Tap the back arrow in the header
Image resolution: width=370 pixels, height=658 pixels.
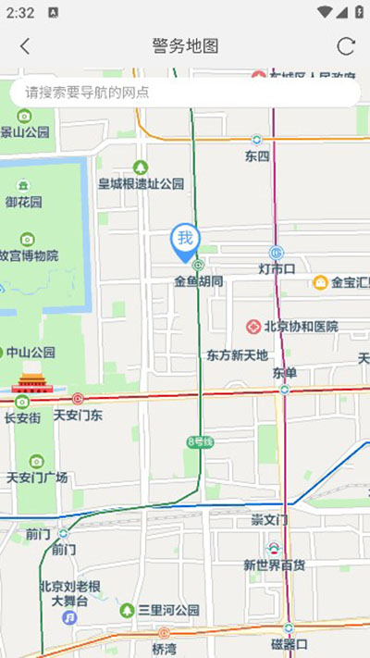coord(25,46)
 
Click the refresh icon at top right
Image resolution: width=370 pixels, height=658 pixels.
coord(346,46)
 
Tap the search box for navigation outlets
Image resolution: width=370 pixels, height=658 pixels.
coord(185,93)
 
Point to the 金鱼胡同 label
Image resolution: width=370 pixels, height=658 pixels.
coord(199,279)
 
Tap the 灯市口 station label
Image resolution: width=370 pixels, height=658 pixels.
coord(277,269)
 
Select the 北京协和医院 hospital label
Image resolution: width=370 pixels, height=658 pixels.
coord(301,327)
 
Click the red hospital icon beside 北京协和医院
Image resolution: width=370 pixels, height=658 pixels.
coord(253,327)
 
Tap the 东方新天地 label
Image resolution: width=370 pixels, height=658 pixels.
coord(238,354)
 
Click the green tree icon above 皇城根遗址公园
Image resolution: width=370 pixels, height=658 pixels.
coord(141,168)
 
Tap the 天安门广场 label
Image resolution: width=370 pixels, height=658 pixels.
coord(37,478)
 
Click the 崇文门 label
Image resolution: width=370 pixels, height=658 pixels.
coord(270,520)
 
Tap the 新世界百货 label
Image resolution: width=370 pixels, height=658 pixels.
coord(275,565)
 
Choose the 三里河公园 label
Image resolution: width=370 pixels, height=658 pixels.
coord(168,611)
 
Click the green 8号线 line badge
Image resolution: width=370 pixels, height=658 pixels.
coord(200,441)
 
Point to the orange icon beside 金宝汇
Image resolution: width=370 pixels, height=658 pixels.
coord(321,282)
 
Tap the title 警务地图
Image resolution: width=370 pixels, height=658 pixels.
coord(185,46)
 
